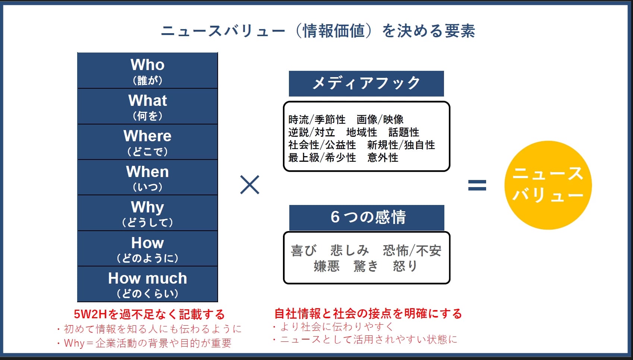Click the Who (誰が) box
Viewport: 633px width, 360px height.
148,71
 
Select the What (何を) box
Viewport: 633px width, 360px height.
148,107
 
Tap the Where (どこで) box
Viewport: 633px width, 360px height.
148,142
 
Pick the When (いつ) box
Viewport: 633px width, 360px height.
148,178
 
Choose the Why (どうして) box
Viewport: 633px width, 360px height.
148,213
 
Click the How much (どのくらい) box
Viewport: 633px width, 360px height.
148,284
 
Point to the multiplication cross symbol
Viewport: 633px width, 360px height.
249,185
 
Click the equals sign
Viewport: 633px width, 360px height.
477,185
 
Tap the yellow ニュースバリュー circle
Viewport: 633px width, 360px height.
548,185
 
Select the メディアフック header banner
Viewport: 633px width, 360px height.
366,83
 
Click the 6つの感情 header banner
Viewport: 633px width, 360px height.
367,218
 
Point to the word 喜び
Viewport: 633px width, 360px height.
304,251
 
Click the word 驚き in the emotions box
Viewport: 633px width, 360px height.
366,266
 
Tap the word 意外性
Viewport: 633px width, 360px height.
382,158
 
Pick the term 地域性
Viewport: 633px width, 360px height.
362,132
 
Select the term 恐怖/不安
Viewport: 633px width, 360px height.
412,251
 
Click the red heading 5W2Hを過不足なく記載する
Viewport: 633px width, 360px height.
149,314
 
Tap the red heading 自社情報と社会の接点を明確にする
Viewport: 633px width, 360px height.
368,313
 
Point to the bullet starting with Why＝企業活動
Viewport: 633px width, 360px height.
144,343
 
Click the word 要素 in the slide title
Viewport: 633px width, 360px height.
460,31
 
